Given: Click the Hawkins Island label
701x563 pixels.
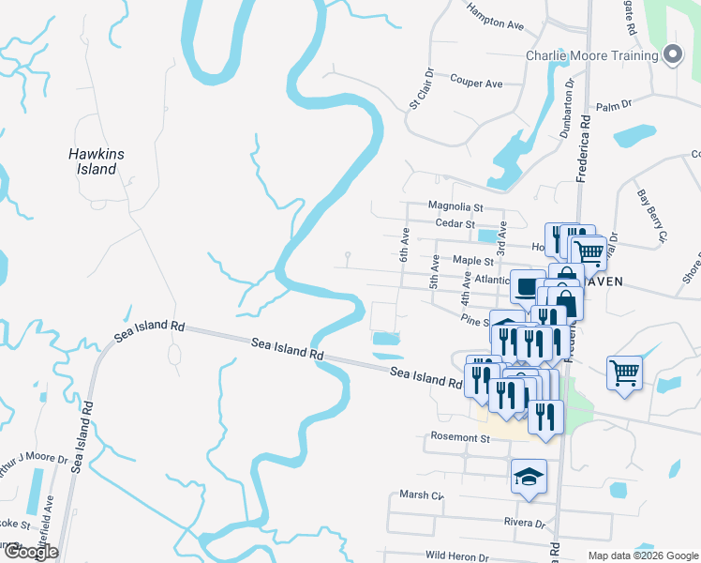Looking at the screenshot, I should pos(97,161).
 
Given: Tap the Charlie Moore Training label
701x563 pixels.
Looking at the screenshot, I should pos(591,55).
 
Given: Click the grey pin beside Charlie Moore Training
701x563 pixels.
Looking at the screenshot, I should pos(672,55).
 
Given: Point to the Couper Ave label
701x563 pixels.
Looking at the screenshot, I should pos(476,84).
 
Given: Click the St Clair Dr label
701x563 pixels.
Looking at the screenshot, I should pos(421,87).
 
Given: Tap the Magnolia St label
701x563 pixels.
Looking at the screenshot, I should pos(455,206).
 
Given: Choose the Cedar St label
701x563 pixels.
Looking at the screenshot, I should pos(458,223).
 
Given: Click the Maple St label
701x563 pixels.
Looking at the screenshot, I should pos(472,260).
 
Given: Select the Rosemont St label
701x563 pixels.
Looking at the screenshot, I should pos(460,437).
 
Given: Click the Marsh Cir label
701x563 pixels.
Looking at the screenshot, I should pos(421,495).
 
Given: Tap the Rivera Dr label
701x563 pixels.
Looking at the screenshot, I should pos(524,524).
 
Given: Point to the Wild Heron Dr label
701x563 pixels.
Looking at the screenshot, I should pos(456,555).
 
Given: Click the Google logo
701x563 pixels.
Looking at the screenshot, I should pos(30,551).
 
